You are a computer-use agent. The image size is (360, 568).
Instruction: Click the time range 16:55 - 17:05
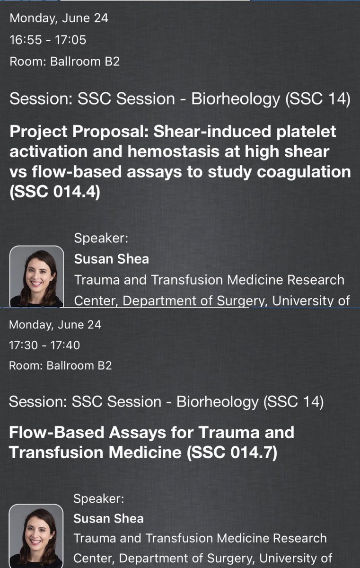pyautogui.click(x=48, y=40)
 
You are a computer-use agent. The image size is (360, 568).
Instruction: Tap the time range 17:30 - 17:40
pyautogui.click(x=44, y=346)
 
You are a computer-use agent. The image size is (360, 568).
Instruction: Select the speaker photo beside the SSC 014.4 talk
pyautogui.click(x=36, y=276)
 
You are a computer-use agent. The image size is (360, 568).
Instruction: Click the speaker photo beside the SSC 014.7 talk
pyautogui.click(x=36, y=537)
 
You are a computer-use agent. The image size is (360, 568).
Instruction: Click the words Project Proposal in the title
pyautogui.click(x=65, y=131)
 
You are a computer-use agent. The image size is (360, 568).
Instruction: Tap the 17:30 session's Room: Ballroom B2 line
pyautogui.click(x=61, y=366)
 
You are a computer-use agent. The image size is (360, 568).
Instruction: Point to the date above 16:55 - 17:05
pyautogui.click(x=59, y=19)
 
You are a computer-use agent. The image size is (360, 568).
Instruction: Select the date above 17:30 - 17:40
pyautogui.click(x=55, y=325)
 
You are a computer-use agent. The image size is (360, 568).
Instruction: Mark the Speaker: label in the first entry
pyautogui.click(x=100, y=239)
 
